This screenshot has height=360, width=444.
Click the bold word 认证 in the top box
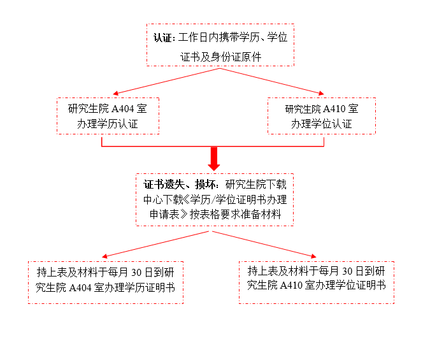[x=162, y=38]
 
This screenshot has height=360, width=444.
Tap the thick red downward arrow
[x=214, y=159]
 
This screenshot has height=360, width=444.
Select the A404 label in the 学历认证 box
[x=123, y=109]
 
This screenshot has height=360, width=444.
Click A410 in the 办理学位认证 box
[x=334, y=109]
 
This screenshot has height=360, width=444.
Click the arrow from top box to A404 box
[x=166, y=82]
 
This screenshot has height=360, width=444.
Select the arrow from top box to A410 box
[x=272, y=82]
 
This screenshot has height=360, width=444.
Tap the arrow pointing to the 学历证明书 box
[x=155, y=244]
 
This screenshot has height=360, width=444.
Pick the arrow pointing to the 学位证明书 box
[x=264, y=244]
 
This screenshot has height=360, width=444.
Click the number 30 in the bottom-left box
[x=136, y=273]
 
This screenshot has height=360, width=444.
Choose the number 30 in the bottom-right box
[x=347, y=271]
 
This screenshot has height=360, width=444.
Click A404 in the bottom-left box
[x=80, y=288]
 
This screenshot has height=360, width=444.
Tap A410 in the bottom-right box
[x=291, y=285]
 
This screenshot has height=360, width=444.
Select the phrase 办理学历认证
[x=107, y=124]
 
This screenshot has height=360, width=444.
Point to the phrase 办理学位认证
[x=322, y=124]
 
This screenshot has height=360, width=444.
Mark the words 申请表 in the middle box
[x=164, y=215]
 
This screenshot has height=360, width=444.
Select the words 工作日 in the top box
[x=193, y=38]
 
